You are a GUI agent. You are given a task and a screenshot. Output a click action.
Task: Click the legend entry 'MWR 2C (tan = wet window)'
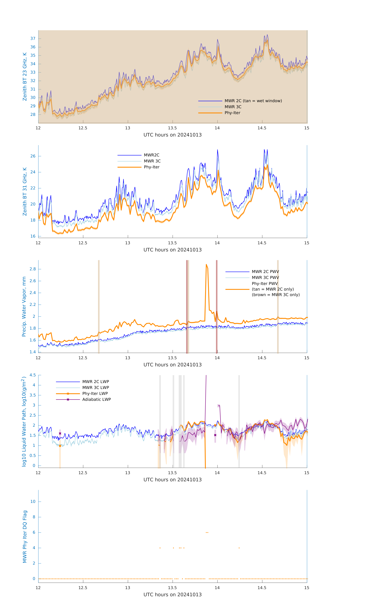coord(253,101)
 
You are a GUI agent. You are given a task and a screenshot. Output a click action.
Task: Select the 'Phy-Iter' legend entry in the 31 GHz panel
coord(152,167)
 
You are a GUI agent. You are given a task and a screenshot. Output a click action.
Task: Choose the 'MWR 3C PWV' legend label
coord(265,277)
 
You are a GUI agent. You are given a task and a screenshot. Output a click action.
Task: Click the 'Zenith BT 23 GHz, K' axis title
coord(25,77)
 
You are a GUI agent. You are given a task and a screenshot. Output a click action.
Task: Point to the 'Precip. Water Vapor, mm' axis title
coord(24,306)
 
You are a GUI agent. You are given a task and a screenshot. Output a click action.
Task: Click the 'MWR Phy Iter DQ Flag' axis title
coord(25,537)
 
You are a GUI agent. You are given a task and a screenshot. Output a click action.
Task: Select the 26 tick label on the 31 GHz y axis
coord(33,156)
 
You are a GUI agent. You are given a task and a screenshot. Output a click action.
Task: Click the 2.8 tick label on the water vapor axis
coord(33,269)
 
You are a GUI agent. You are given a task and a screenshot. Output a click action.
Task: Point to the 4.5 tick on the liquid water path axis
coord(33,375)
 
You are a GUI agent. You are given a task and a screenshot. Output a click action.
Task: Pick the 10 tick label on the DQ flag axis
coord(33,502)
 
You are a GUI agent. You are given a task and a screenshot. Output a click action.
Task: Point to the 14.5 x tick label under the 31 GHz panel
coord(262,243)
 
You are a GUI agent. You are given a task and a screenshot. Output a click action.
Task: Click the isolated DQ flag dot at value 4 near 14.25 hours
coord(239,548)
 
